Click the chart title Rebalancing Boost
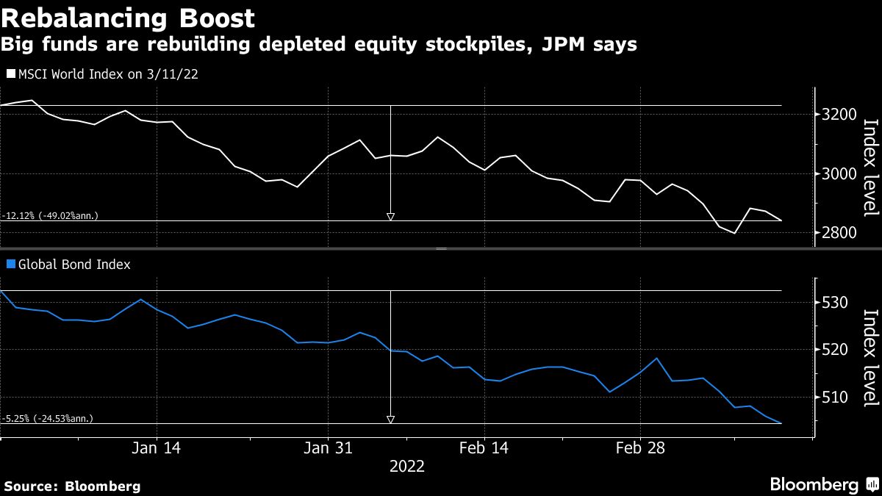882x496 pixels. click(128, 18)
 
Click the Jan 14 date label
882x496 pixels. click(157, 448)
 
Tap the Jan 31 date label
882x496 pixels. click(328, 448)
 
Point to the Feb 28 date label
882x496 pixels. click(639, 448)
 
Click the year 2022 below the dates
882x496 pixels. click(406, 467)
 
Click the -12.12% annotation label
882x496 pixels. click(50, 216)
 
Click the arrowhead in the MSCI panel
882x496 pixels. click(390, 216)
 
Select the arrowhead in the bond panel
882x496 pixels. click(390, 420)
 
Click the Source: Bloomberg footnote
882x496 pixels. click(72, 486)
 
